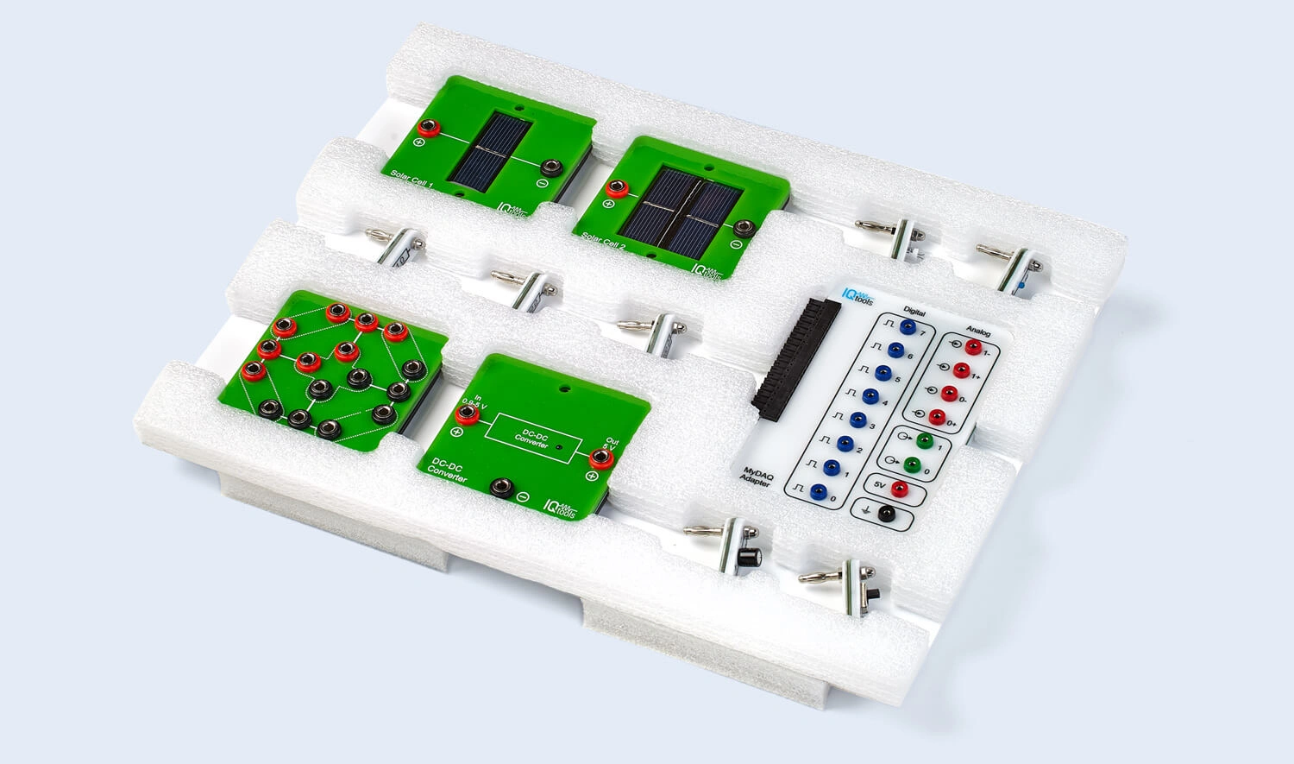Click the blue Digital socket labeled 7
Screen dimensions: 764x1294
(x=907, y=328)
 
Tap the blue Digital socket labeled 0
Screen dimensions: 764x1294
(x=818, y=495)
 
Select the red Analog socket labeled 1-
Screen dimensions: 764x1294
(x=973, y=348)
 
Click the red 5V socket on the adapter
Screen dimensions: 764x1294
(x=899, y=489)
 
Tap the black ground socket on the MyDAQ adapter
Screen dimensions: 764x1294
(x=885, y=515)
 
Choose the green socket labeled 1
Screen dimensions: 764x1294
(x=925, y=442)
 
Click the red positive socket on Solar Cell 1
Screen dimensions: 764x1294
(x=426, y=129)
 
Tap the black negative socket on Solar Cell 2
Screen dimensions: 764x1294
(x=744, y=229)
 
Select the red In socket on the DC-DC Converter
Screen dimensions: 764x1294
(x=468, y=415)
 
